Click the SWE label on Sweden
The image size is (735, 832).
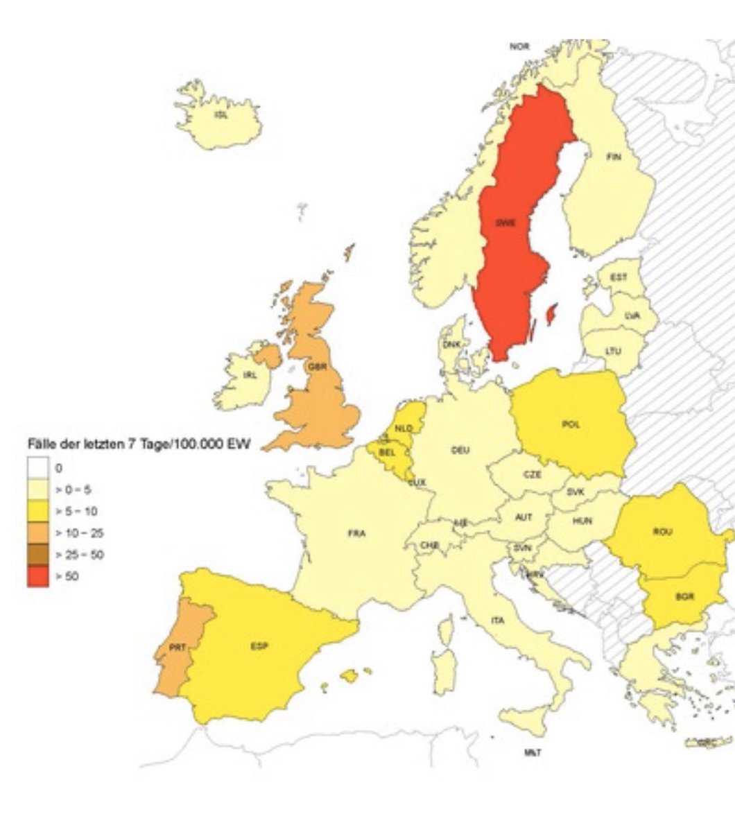point(505,223)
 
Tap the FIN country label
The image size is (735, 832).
point(614,157)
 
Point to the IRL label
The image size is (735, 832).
point(250,375)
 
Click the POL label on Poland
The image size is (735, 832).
point(571,425)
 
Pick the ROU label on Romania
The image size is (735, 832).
point(662,532)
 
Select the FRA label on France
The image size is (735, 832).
point(356,534)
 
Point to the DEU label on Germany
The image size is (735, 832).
point(460,450)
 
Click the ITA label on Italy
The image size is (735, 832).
point(498,620)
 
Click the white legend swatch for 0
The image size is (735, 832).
point(38,468)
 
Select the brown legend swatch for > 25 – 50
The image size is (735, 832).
point(38,555)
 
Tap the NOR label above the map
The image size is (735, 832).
point(519,46)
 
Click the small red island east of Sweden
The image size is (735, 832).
point(552,315)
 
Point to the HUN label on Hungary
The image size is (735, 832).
point(582,521)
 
